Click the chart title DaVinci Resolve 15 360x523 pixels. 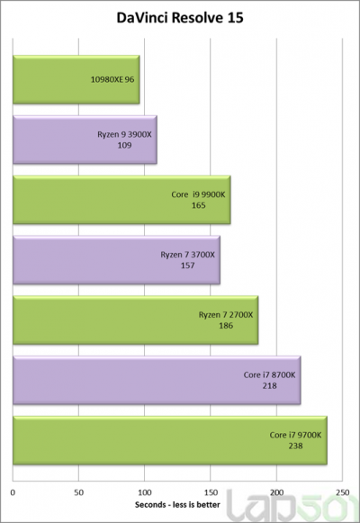click(179, 17)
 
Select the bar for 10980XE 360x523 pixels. click(76, 79)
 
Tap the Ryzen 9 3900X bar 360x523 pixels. click(85, 140)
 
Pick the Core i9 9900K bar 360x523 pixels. click(121, 200)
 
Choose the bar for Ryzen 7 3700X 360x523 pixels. click(116, 260)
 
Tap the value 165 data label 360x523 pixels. click(199, 205)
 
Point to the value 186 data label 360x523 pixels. click(226, 326)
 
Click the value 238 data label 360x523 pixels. click(295, 446)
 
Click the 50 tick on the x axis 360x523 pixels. click(79, 491)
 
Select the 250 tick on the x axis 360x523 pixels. click(341, 491)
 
